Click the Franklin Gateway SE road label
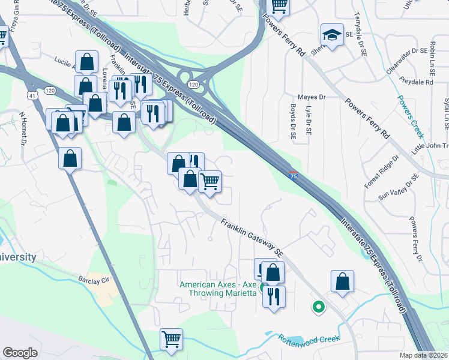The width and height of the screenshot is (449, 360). (x=252, y=235)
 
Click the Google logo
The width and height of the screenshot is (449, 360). (x=20, y=353)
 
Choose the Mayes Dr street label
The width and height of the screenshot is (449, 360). (x=312, y=97)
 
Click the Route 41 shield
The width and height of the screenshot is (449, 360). (x=31, y=95)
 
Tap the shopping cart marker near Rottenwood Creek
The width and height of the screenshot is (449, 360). (x=172, y=339)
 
